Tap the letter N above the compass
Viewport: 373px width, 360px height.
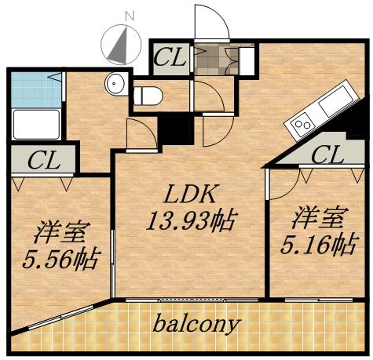coord(130,15)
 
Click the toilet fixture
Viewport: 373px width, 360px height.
coord(147,96)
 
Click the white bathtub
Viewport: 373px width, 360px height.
coord(37,124)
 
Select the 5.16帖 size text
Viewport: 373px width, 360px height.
coord(317,245)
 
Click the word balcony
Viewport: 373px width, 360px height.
coord(196,323)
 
